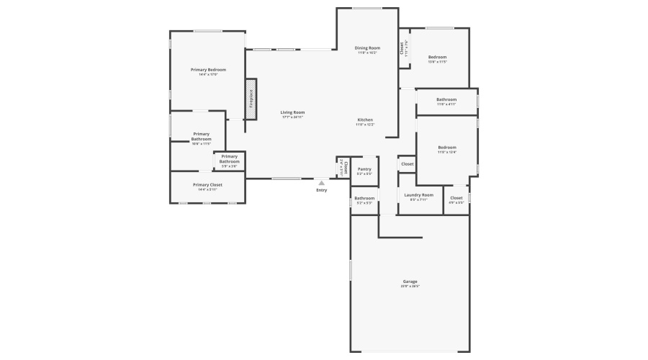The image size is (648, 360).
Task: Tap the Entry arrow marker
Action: (321, 183)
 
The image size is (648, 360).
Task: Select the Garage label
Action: (410, 282)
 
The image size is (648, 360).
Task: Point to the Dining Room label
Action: (367, 48)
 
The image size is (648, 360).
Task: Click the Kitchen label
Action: (365, 120)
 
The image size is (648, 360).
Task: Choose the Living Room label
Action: (292, 112)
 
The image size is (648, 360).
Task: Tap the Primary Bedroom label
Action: (208, 70)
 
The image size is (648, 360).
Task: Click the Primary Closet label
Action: (207, 185)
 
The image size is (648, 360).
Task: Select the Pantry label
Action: (364, 169)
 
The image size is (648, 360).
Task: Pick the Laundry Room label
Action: (418, 194)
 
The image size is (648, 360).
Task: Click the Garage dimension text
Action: (410, 287)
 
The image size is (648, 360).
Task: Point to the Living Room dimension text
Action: (292, 117)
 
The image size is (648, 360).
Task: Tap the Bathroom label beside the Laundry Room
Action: (364, 198)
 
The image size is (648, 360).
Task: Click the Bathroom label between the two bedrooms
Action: (446, 99)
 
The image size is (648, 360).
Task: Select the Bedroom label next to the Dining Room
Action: (438, 57)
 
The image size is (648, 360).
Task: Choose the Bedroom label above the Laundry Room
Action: (447, 148)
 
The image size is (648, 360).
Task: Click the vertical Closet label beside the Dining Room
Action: (402, 48)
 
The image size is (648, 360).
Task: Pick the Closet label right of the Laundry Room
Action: (456, 198)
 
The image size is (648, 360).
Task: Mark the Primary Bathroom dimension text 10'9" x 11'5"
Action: (202, 144)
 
